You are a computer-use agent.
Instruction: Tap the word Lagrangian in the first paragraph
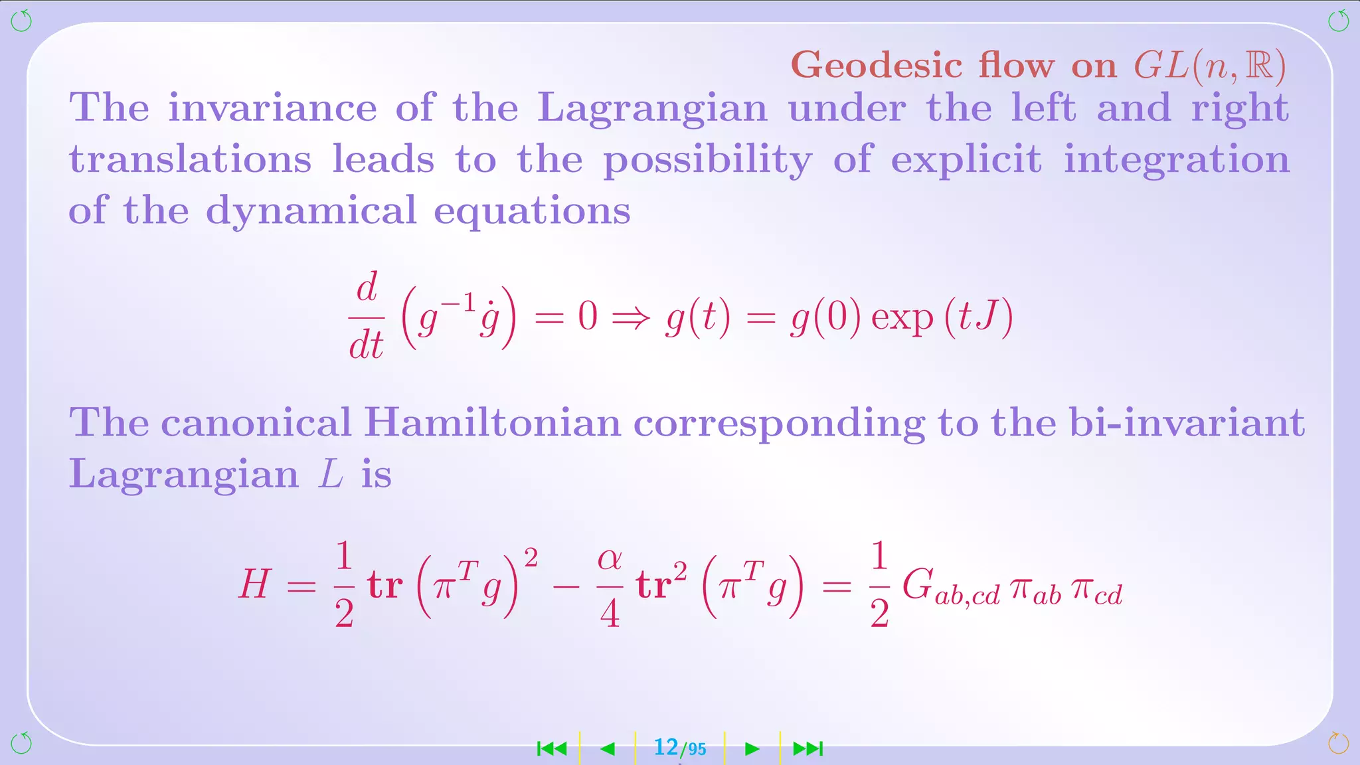click(651, 108)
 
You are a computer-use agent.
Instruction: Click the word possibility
click(707, 160)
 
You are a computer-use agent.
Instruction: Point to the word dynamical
click(311, 211)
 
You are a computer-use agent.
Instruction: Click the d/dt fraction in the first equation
click(367, 315)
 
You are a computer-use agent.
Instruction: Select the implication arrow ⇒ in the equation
click(631, 317)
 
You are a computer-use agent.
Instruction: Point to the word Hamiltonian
click(492, 422)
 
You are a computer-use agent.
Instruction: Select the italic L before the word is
click(330, 474)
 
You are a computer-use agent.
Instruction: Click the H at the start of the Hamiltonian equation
click(254, 585)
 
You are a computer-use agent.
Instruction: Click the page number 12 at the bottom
click(666, 748)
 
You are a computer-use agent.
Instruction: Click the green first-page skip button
click(552, 749)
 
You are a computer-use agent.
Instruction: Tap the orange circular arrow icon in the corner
click(1337, 742)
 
